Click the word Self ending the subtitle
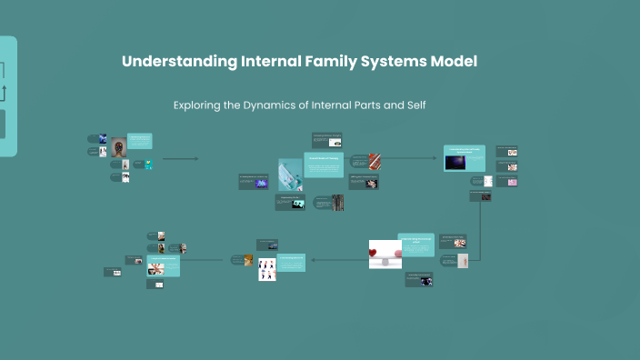click(415, 105)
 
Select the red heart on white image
click(385, 254)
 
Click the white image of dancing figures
click(267, 270)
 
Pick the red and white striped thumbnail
click(375, 161)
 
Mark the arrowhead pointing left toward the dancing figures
click(313, 260)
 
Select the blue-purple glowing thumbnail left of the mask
click(262, 183)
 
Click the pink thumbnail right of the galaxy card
click(513, 182)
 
